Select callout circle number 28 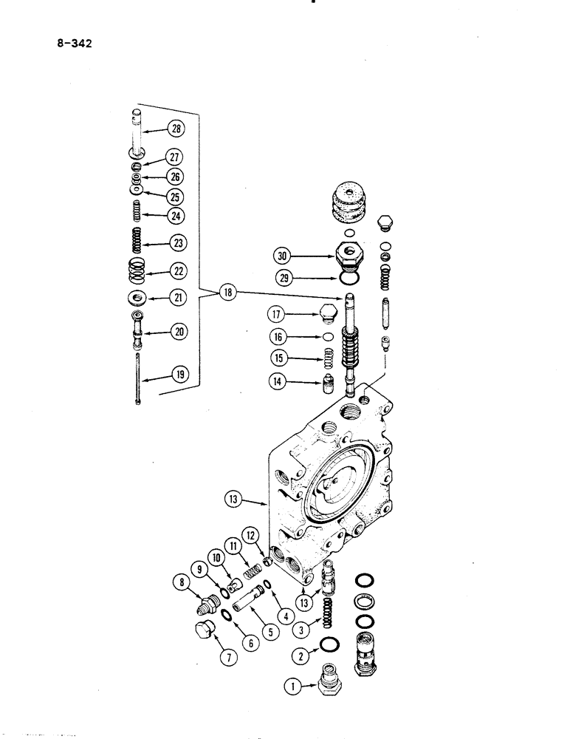[x=176, y=129]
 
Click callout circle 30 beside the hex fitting [x=280, y=256]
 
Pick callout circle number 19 [x=178, y=375]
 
